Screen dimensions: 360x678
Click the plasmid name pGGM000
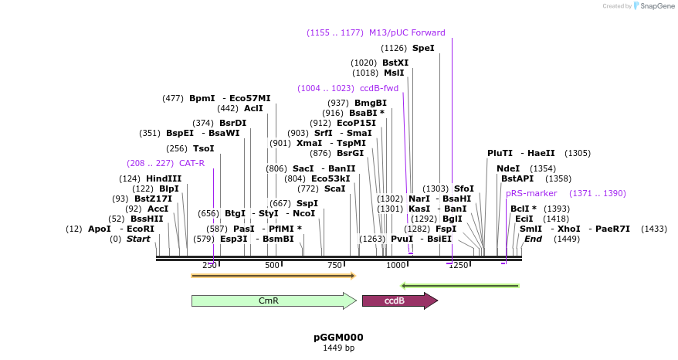coord(338,338)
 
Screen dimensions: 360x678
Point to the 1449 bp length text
coord(338,348)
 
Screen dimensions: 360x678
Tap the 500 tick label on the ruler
coord(272,266)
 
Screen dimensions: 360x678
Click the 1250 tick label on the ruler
coord(458,266)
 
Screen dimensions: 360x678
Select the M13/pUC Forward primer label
coord(407,32)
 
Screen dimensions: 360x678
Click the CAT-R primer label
coord(192,163)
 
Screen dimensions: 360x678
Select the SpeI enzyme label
coord(423,48)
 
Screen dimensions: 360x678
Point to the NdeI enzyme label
coord(508,168)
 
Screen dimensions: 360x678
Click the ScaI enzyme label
coord(335,188)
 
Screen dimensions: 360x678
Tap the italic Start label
coord(138,239)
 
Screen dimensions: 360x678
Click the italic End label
coord(533,239)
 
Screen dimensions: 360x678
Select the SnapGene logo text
coord(655,6)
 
